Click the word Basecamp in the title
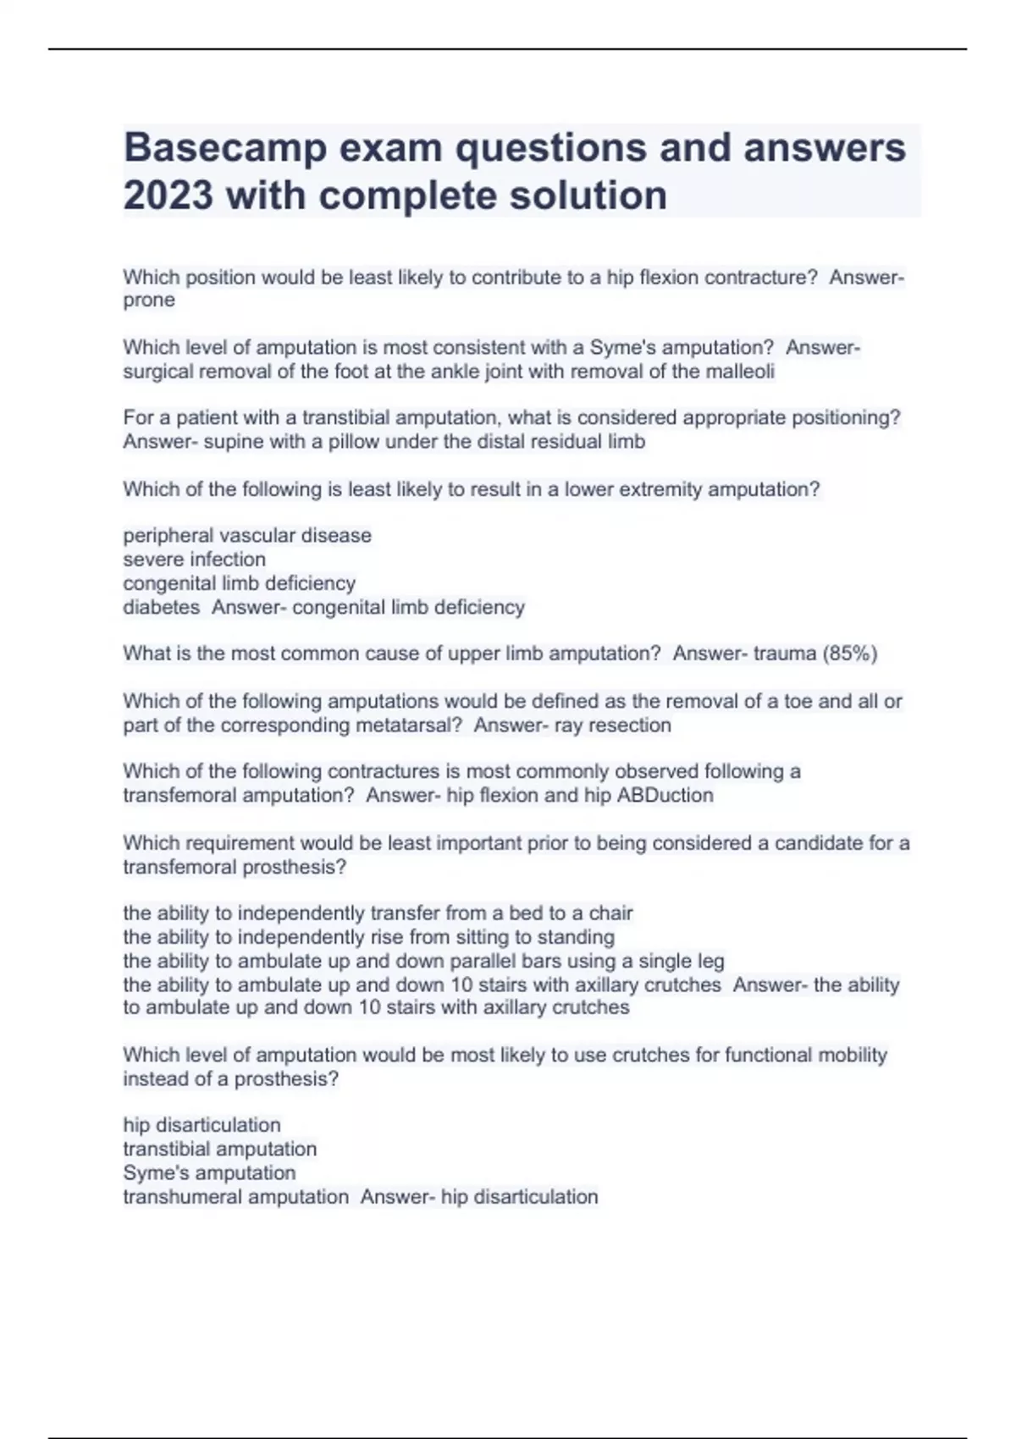[224, 149]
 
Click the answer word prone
[149, 300]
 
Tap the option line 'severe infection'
[194, 560]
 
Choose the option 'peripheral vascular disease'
[247, 536]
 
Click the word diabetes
[161, 608]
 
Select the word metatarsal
[409, 725]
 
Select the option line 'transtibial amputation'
[219, 1150]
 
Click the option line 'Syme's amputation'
[209, 1173]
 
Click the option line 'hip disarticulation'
[202, 1126]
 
